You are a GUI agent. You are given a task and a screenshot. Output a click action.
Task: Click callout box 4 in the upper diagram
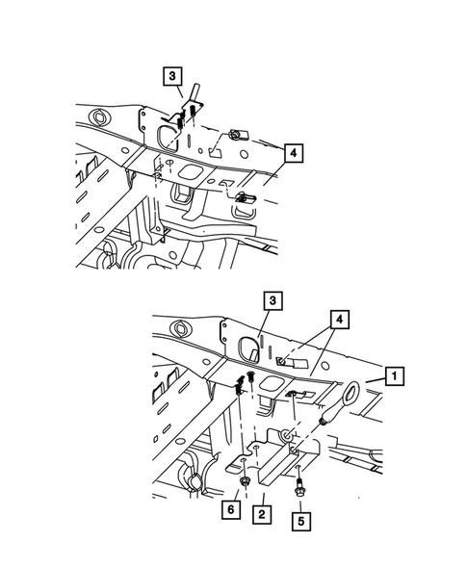295,151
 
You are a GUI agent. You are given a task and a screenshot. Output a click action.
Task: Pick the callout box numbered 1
393,374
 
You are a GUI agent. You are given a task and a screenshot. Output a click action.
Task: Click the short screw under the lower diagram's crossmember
250,376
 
